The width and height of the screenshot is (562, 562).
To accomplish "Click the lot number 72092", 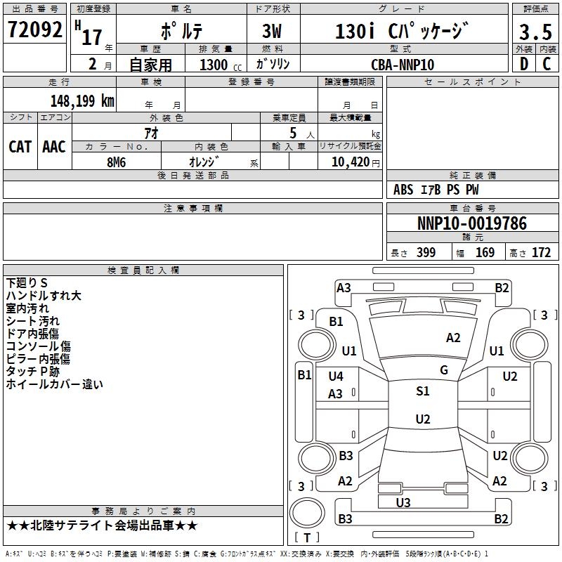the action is [x=35, y=30].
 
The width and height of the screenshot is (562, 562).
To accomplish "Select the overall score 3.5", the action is [x=535, y=32].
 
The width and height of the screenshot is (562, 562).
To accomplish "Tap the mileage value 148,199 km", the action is [x=82, y=100].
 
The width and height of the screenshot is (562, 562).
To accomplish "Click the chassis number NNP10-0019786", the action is [x=471, y=224].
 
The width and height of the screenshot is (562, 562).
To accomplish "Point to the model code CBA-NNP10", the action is [x=403, y=64].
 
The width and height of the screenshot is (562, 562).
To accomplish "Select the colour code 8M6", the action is [x=117, y=161].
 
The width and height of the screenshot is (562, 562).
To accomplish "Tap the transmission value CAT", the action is [x=20, y=146].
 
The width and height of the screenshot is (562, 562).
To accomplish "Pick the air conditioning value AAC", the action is [x=54, y=146].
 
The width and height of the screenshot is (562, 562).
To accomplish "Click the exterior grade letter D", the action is [x=523, y=64].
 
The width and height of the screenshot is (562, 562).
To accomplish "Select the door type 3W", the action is [x=273, y=32].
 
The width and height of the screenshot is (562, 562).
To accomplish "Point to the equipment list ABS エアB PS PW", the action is [x=436, y=190].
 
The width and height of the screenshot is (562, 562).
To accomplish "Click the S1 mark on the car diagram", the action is [x=422, y=391].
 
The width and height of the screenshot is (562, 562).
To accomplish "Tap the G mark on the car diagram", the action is [x=443, y=370].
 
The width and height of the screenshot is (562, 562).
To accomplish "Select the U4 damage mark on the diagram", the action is [x=336, y=377].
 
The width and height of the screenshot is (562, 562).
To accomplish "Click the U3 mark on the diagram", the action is [x=403, y=502].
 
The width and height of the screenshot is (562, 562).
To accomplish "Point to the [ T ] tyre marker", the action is [x=307, y=537].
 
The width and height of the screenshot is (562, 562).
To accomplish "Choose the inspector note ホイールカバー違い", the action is [x=54, y=384].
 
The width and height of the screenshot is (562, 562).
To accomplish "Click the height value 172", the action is [x=541, y=253].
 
